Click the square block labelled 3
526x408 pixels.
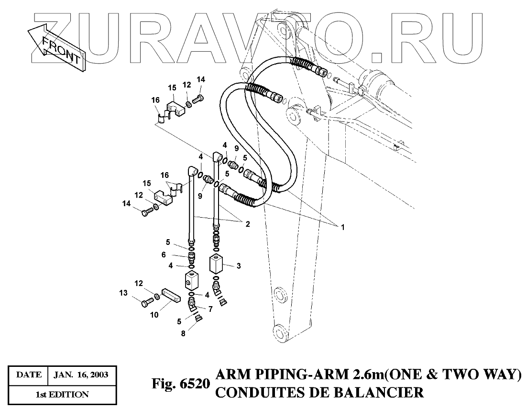click(218, 263)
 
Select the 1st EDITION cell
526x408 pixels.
click(62, 395)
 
